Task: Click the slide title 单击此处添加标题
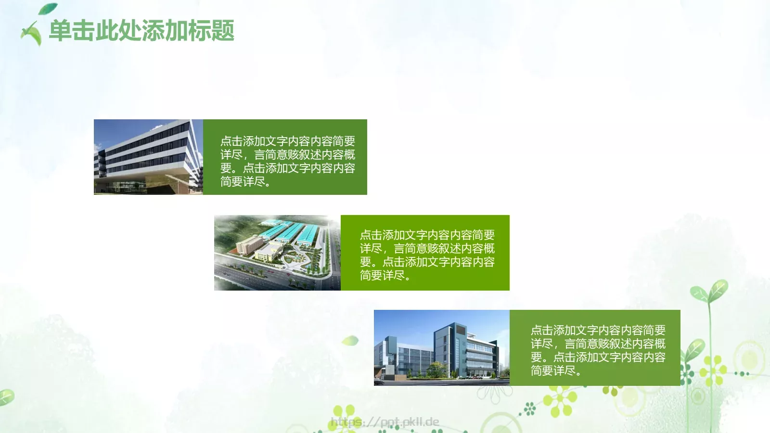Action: point(141,31)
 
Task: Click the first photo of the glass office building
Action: point(148,157)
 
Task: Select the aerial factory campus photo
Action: point(277,253)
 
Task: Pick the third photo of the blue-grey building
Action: point(441,347)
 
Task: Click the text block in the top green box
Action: point(287,161)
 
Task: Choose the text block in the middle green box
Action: point(427,255)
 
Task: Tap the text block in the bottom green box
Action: point(598,350)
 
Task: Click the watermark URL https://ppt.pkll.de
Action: point(385,422)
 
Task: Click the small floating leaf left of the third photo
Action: point(351,341)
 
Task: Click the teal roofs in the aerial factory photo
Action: point(289,233)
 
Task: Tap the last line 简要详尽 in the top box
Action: point(245,181)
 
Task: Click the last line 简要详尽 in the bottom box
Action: point(556,370)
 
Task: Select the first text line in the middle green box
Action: point(427,235)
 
